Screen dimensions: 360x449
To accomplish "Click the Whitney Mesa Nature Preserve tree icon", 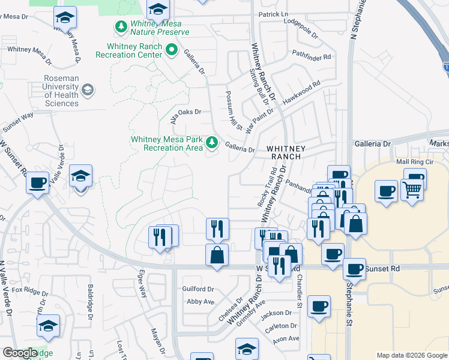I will pos(122,26).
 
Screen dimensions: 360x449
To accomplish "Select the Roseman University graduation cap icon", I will pos(88,91).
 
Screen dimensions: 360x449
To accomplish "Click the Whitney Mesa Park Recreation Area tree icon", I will pos(211,142).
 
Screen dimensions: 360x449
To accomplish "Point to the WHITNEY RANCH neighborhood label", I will pos(286,152).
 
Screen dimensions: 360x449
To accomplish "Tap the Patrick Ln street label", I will pos(273,14).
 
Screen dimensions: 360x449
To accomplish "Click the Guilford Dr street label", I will pos(198,289).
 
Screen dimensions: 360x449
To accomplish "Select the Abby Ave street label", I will pos(200,302).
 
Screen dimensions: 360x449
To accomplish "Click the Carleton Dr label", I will pos(282,326).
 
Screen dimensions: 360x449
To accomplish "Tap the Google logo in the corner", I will pos(20,353).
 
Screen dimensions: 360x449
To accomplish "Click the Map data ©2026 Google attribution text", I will pos(412,355).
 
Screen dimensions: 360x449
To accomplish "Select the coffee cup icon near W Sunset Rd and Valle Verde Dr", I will pos(37,182).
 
